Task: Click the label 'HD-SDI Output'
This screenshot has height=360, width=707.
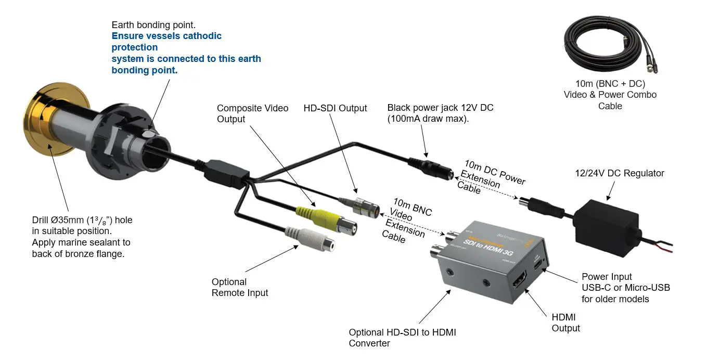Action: (x=335, y=108)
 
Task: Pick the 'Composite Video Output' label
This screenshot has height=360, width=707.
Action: (x=252, y=113)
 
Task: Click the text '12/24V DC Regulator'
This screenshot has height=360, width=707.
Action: (x=619, y=173)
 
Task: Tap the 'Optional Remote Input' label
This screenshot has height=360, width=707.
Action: (x=239, y=287)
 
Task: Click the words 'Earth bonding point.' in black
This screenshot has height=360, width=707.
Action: (x=153, y=25)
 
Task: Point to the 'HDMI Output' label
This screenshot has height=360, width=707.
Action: (x=565, y=323)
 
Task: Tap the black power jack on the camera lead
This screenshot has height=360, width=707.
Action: (x=434, y=168)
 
